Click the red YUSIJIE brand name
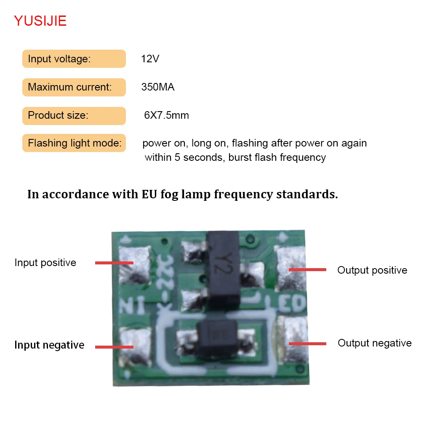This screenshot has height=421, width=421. coord(40,21)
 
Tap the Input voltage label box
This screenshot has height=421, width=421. coord(74,59)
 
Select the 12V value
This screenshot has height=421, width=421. coord(150,59)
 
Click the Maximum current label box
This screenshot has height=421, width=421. coord(74,87)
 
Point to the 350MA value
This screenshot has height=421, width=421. coord(158,88)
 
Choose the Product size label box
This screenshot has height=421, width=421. coord(74,116)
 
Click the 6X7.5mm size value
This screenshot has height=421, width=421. coord(167,116)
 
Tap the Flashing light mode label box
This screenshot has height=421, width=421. coord(74,144)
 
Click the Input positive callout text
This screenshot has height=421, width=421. coord(45,263)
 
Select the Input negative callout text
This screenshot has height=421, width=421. coord(49,345)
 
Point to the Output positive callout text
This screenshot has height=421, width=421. coord(372,270)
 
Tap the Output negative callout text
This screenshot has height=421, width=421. coord(374,343)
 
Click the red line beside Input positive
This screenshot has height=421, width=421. coord(114,263)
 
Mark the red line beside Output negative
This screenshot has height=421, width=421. coord(307,344)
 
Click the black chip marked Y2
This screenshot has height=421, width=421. coord(224,269)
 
